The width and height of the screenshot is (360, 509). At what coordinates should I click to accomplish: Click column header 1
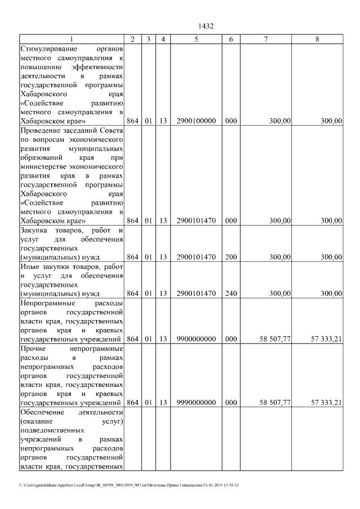pos(71,39)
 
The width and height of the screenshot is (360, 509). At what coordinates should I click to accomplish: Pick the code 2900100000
pos(196,121)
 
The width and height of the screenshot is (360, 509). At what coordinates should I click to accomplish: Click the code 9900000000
pos(196,339)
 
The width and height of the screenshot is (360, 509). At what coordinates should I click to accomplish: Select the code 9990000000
pos(196,403)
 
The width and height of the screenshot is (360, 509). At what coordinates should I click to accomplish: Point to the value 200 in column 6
pos(231,257)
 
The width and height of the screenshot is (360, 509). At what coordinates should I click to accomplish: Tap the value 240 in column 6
pos(231,294)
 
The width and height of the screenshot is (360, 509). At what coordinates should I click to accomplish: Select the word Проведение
pos(39,130)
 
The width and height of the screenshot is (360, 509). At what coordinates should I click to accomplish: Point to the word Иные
pos(28,267)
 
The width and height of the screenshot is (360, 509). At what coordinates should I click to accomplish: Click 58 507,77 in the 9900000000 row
pos(275,339)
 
